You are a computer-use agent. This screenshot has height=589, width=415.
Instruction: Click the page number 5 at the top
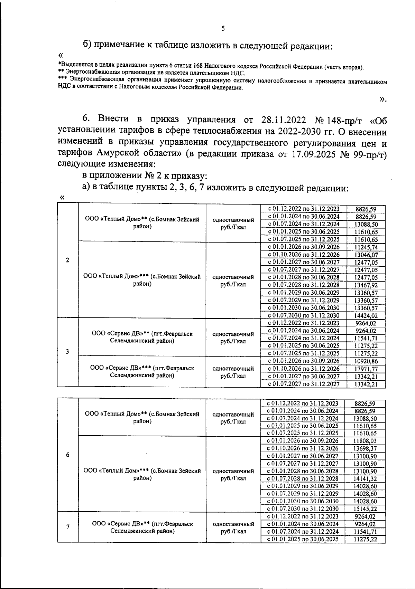click(x=223, y=29)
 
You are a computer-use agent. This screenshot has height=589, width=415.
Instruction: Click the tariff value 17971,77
click(x=366, y=369)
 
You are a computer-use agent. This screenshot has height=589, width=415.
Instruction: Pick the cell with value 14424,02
click(x=366, y=315)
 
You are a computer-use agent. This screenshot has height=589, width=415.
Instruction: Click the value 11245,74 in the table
click(x=366, y=247)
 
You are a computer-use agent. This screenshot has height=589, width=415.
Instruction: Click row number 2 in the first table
click(x=67, y=260)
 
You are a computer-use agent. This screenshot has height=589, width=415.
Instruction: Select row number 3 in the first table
click(x=67, y=352)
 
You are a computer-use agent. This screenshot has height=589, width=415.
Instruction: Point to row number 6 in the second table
click(x=68, y=455)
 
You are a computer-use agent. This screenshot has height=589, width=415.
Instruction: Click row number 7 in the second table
click(x=68, y=527)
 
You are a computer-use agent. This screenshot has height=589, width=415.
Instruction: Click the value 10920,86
click(x=366, y=361)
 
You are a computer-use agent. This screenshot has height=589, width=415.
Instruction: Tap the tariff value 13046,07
click(x=366, y=255)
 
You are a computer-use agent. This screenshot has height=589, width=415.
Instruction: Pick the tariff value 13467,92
click(x=366, y=285)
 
